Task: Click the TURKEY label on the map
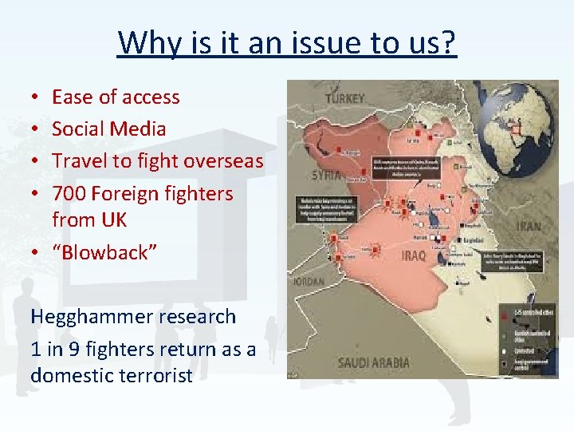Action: pyautogui.click(x=344, y=99)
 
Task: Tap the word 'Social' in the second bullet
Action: pyautogui.click(x=80, y=129)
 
